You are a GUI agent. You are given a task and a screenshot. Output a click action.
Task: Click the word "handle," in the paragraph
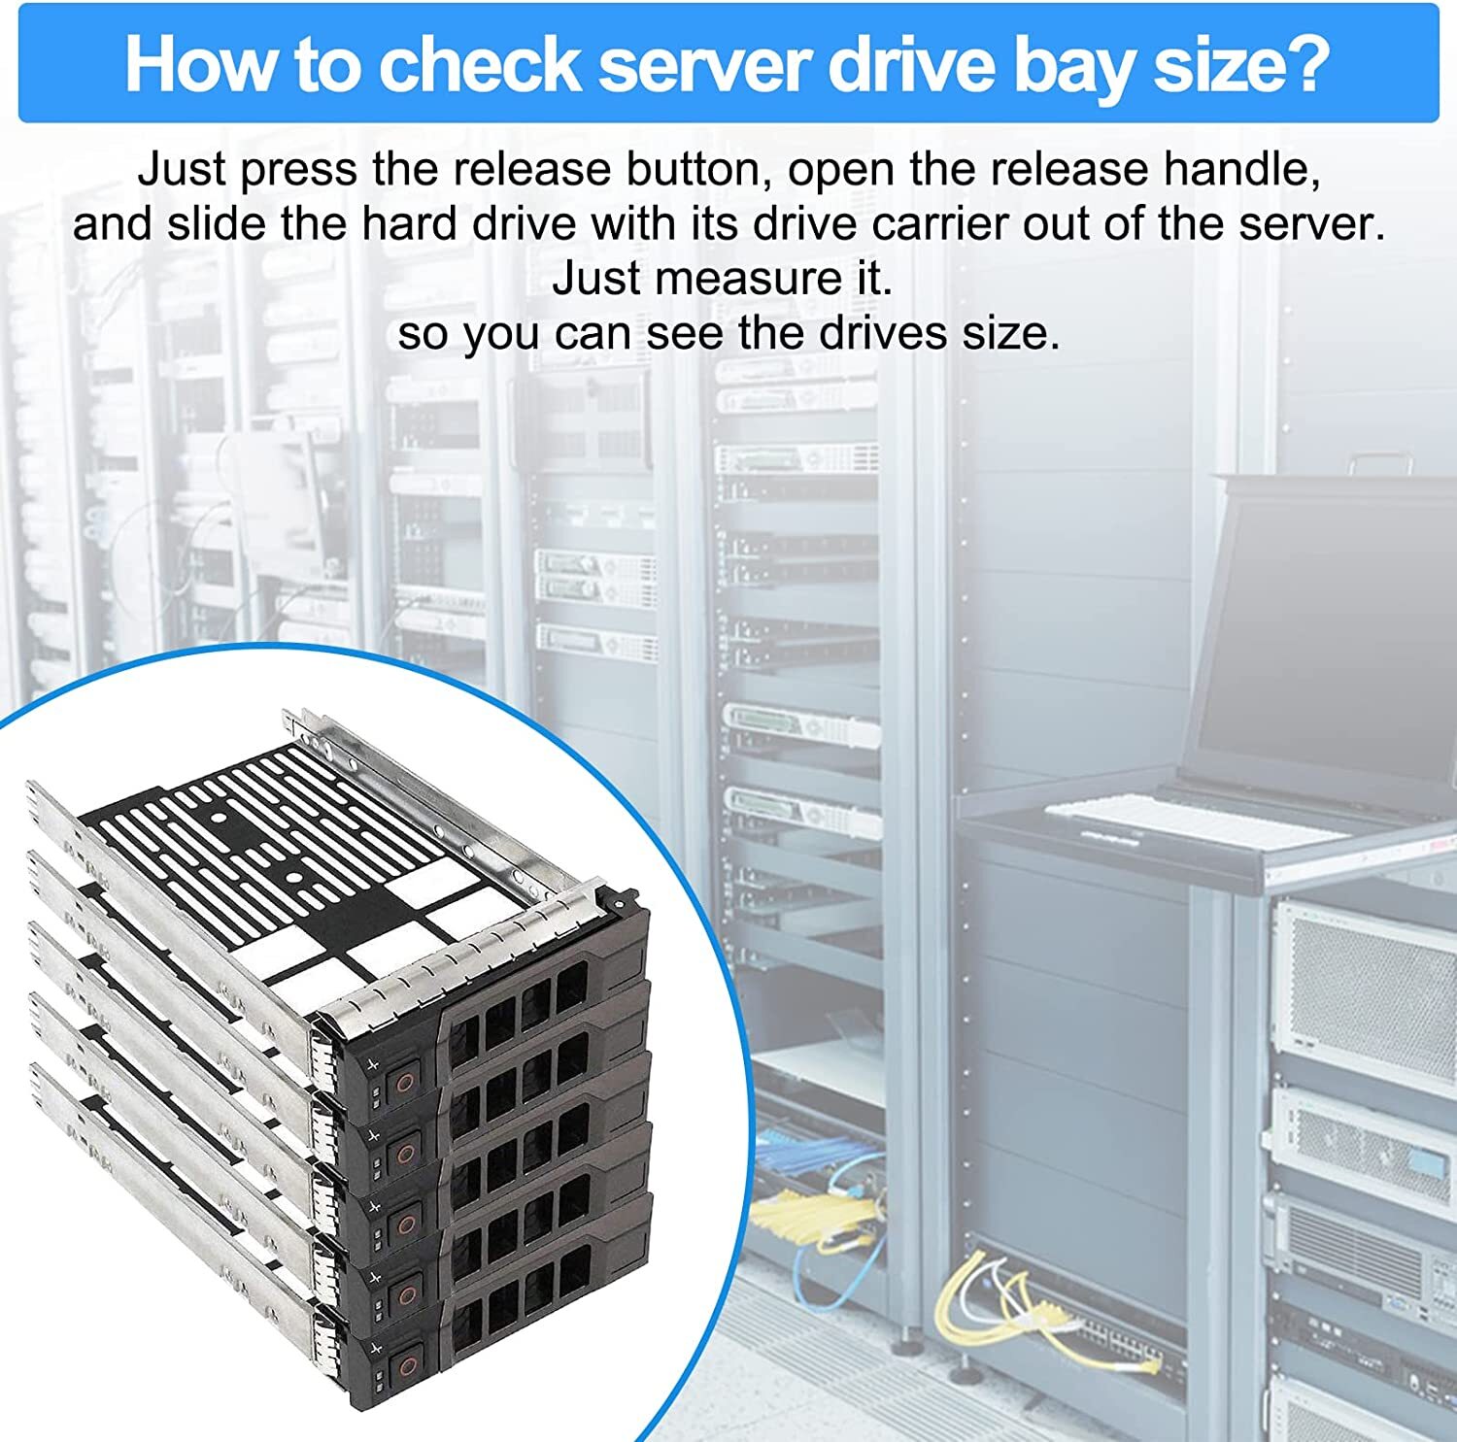[1242, 170]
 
